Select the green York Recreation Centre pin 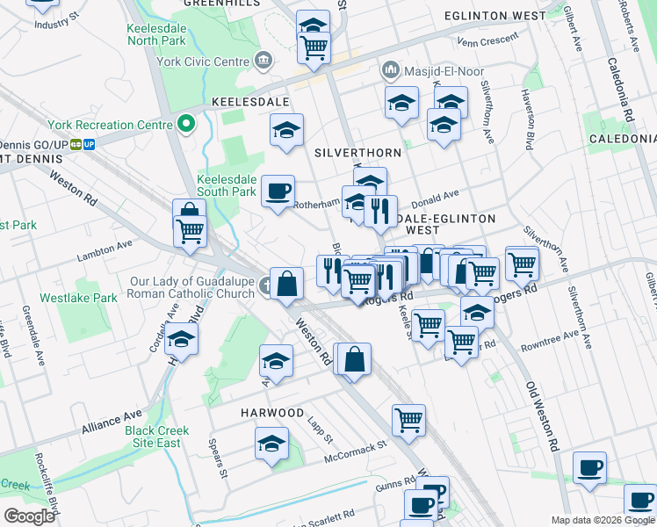coord(186,124)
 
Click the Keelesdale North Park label coord(155,33)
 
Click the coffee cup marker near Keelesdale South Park coord(278,191)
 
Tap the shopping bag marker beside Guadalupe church coord(287,284)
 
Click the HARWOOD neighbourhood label coord(272,412)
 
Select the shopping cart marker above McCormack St coord(408,422)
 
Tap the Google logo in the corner coord(30,516)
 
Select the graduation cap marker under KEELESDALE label coord(286,131)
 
